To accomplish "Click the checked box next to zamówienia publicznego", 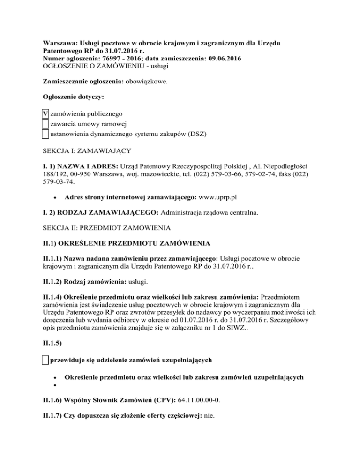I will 45,113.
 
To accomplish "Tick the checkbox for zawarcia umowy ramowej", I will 45,124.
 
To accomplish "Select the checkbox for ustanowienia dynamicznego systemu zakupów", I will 45,134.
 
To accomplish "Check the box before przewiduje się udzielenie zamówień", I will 45,360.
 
